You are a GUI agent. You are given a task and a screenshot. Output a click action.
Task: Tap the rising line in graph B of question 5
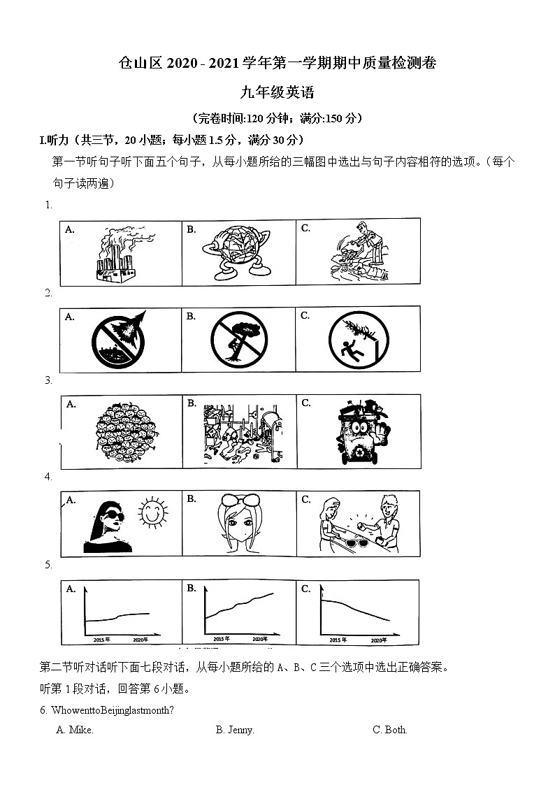click(x=239, y=606)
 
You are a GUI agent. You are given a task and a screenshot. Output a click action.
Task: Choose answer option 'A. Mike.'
click(x=75, y=730)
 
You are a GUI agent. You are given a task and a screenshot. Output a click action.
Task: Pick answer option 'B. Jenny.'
click(x=235, y=730)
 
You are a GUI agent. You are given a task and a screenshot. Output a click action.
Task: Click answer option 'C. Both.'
click(x=390, y=730)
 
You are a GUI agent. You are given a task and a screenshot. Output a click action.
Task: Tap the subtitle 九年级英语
click(x=277, y=92)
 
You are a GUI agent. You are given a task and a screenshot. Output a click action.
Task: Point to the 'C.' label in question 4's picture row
click(x=306, y=499)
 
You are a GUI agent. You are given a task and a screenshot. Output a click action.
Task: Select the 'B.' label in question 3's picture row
click(x=192, y=403)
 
